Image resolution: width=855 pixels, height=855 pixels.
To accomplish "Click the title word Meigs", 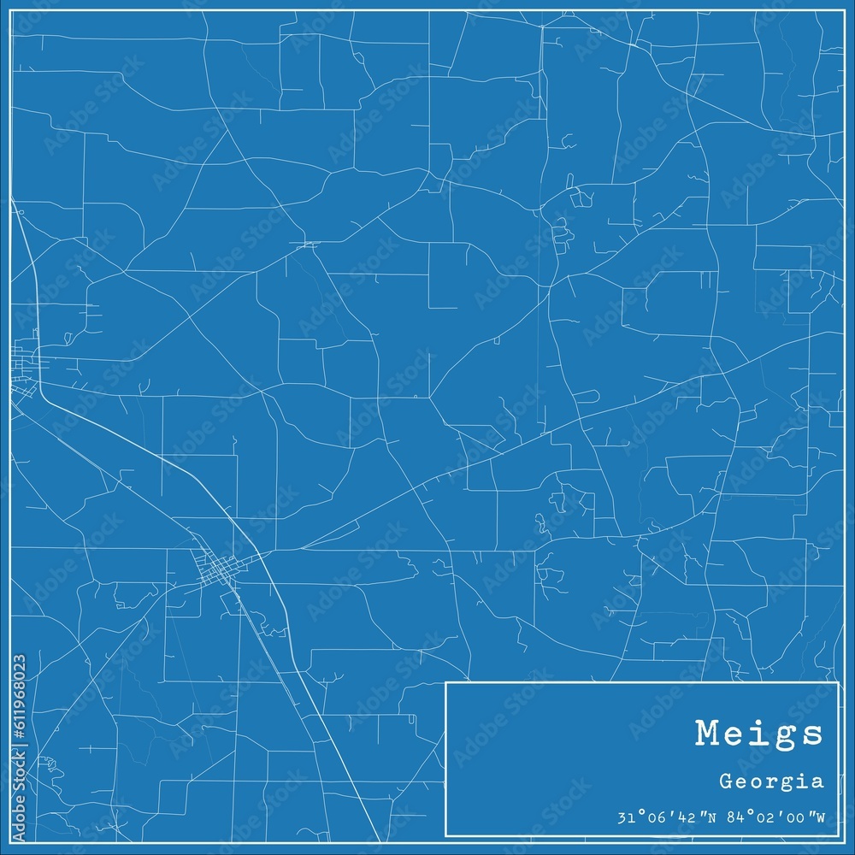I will pos(759,733).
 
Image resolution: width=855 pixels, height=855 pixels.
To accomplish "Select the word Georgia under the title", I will pos(772,781).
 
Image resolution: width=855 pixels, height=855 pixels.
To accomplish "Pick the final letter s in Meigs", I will pos(812,734).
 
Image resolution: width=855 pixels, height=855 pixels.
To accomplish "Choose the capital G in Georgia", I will pos(726,781).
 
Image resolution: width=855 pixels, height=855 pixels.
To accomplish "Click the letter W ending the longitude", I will pos(820,818).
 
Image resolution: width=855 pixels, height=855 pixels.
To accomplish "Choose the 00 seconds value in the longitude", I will pos(800,818).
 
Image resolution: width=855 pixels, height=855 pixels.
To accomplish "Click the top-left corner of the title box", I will pos(446,682).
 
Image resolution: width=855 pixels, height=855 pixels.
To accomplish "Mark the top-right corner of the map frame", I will pos(844,11).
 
